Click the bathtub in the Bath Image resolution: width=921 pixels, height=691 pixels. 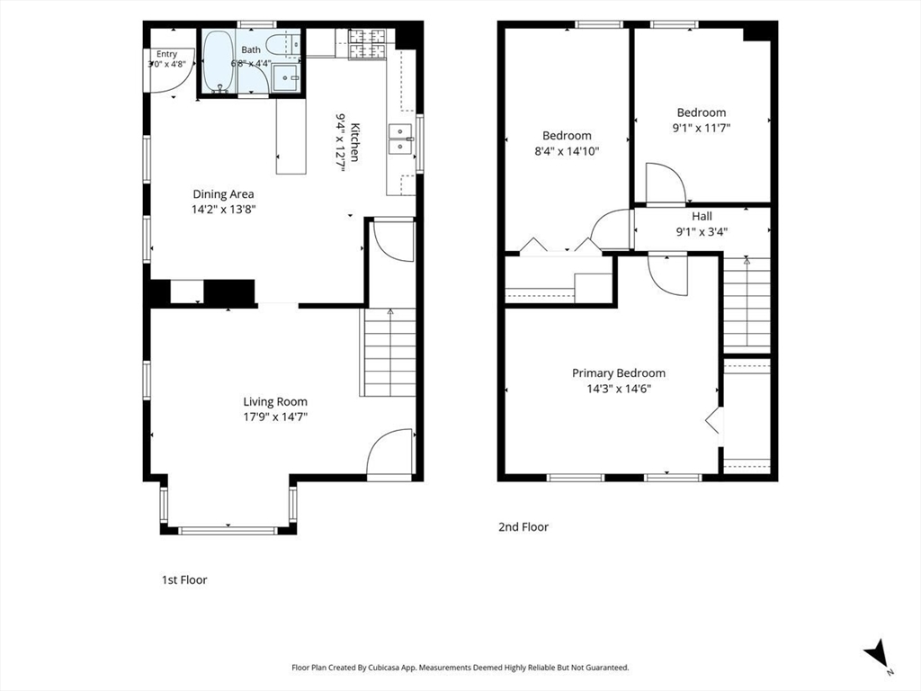pyautogui.click(x=218, y=62)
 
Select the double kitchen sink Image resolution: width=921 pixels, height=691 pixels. pyautogui.click(x=399, y=139)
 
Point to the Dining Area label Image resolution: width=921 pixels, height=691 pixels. pyautogui.click(x=224, y=194)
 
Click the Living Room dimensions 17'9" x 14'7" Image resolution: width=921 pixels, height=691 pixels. pyautogui.click(x=275, y=417)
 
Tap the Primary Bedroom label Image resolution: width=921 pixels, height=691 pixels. pyautogui.click(x=619, y=373)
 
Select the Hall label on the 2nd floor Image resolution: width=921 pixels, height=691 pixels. pyautogui.click(x=702, y=216)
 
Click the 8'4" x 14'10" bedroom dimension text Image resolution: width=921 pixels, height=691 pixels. pyautogui.click(x=567, y=151)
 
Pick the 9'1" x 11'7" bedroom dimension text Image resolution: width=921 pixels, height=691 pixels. pyautogui.click(x=702, y=128)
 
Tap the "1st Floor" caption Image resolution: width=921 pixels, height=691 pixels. pyautogui.click(x=184, y=580)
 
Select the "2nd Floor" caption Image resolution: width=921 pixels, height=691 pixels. pyautogui.click(x=523, y=527)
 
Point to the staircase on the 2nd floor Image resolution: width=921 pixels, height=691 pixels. pyautogui.click(x=746, y=304)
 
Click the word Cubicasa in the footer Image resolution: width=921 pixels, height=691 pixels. pyautogui.click(x=386, y=668)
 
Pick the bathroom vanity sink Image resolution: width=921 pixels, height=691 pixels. pyautogui.click(x=287, y=77)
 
